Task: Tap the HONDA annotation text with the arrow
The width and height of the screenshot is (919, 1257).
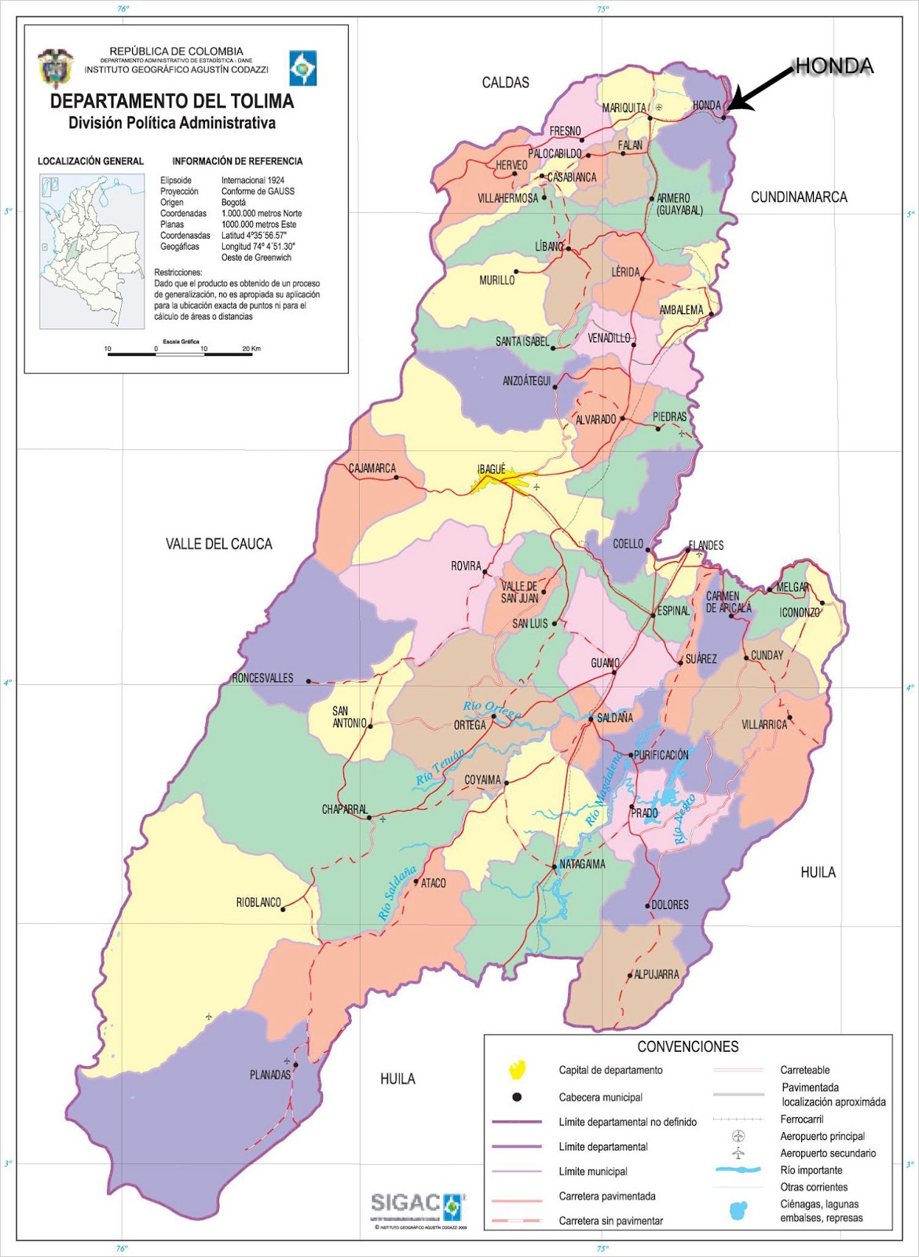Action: tap(833, 66)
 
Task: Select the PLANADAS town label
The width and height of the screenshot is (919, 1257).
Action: tap(269, 1074)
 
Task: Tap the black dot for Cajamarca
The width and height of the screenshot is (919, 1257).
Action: tap(396, 478)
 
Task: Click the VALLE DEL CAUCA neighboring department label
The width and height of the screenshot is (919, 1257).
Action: tap(218, 544)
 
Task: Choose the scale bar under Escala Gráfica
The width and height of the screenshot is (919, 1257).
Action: tap(180, 354)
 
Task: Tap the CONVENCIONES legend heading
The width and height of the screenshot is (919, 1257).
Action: tap(687, 1046)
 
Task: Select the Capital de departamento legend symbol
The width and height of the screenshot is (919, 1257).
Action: tap(517, 1069)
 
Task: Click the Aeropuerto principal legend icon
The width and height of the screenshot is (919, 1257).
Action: tap(738, 1136)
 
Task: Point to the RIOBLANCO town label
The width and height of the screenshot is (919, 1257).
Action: tap(258, 903)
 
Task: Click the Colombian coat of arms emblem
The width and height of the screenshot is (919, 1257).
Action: tap(56, 68)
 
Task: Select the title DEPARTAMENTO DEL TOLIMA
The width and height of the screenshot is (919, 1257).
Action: tap(172, 101)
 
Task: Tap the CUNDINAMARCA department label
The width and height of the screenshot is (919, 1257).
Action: tap(799, 197)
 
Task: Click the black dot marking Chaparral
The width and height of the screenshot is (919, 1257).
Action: tap(369, 817)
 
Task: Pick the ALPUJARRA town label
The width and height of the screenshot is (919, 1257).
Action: tap(656, 974)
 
